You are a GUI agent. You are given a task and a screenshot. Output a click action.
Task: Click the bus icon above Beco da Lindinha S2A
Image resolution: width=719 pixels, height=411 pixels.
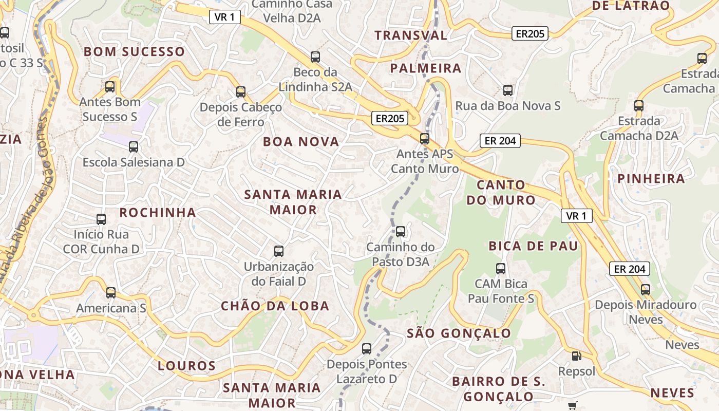[315, 57]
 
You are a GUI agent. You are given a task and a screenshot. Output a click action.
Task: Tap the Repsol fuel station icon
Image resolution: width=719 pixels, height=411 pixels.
[577, 356]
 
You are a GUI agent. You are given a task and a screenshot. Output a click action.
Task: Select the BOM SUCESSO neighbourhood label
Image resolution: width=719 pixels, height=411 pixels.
[134, 51]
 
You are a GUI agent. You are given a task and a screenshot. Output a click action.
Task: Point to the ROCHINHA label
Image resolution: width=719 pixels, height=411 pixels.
[158, 212]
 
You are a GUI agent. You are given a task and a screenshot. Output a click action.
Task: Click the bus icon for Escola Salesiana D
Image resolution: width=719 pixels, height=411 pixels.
[134, 147]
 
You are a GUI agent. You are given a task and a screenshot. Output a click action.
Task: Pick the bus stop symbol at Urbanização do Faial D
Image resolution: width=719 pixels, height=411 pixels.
[279, 251]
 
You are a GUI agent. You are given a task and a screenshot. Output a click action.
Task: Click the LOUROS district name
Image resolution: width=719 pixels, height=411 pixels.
[186, 366]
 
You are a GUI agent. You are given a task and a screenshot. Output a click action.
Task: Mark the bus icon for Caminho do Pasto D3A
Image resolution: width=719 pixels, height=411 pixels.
[401, 232]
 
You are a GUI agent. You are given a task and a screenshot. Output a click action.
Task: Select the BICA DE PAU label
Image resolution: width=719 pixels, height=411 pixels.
[533, 246]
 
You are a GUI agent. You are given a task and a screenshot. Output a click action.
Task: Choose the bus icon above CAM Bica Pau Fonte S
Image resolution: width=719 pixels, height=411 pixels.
[501, 268]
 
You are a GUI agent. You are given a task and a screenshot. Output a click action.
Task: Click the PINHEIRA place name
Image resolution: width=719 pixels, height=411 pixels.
[651, 178]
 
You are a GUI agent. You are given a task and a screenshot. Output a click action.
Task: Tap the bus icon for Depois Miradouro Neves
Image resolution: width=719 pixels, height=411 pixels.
[646, 289]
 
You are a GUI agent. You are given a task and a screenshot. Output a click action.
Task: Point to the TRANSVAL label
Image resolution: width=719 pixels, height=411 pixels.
[411, 35]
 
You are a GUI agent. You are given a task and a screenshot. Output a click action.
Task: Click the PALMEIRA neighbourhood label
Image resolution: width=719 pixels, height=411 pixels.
[426, 68]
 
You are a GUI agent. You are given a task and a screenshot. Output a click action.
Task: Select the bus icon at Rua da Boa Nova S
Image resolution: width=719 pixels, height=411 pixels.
[508, 90]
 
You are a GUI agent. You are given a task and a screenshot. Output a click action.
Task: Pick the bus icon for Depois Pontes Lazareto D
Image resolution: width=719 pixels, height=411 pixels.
[367, 349]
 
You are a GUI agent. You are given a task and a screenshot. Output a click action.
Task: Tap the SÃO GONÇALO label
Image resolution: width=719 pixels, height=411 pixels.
[459, 333]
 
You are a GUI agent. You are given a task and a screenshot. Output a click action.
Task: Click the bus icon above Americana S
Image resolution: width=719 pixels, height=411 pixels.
[111, 293]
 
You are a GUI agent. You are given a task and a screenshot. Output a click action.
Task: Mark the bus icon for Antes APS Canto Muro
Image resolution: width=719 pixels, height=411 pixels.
[425, 138]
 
